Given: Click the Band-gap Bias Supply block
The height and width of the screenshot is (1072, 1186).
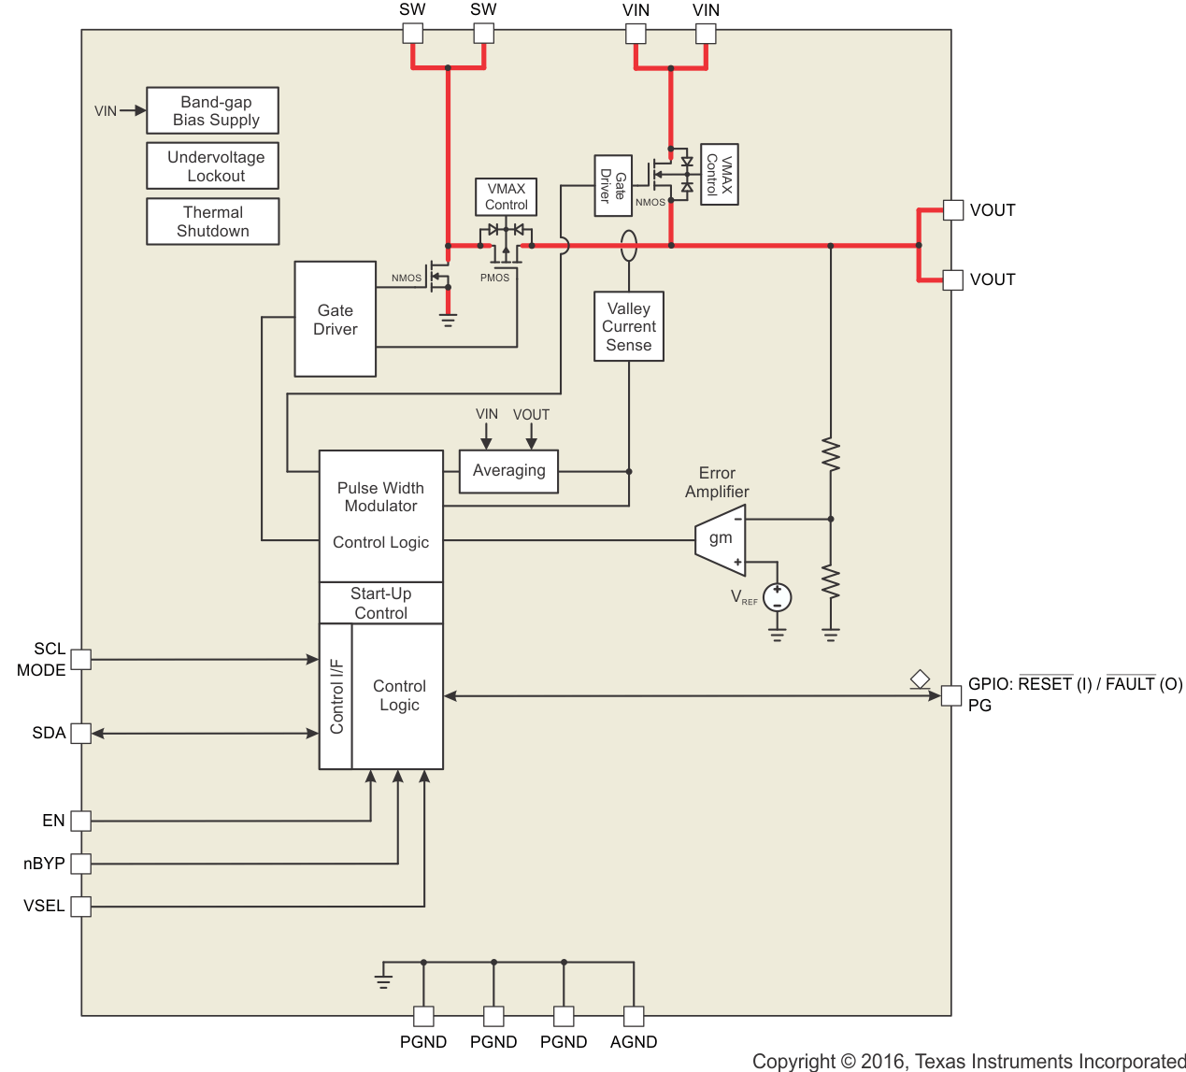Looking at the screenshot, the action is coord(213,110).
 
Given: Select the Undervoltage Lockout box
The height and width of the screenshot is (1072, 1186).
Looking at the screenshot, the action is coord(213,166).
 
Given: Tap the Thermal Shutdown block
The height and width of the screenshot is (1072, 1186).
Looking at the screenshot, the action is coord(213,222).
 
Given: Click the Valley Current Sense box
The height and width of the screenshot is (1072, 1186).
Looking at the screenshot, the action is coord(629,326).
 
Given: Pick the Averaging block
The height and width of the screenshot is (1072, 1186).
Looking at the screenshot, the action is coord(509,471).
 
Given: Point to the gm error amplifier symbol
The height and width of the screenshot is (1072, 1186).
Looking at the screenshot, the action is coord(721,540).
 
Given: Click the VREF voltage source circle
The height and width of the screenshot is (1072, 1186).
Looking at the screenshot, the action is coord(778,597).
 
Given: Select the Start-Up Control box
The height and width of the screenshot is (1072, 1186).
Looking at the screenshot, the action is coord(381,603).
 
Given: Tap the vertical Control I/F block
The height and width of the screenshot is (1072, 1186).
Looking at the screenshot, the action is coord(336,696).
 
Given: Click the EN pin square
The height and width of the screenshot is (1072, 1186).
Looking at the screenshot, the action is coord(81,821).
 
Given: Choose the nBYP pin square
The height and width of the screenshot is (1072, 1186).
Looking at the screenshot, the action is coord(81,864).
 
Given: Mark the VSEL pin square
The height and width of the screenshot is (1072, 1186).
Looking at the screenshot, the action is coord(81,906).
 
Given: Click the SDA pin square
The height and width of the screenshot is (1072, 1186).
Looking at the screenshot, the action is coord(81,733).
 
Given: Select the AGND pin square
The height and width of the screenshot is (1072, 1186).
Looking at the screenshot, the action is coord(634,1017).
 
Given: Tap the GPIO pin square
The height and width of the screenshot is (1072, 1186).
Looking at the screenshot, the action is coord(951,696).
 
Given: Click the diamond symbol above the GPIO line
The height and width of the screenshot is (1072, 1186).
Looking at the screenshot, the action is coord(920,679).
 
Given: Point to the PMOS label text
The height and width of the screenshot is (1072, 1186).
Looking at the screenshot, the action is coord(494,278).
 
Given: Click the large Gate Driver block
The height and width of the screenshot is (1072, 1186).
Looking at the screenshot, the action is coord(336,320).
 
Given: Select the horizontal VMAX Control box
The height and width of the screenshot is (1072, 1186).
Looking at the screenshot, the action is coord(507,197).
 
